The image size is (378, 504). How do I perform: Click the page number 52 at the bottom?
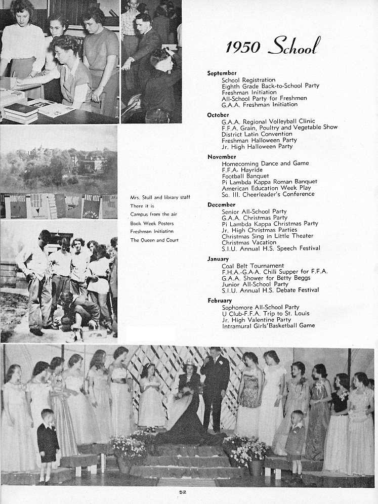point(183,492)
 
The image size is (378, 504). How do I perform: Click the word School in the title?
point(293,47)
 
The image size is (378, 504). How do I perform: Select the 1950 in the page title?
point(243,48)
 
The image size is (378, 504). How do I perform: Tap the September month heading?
point(222,73)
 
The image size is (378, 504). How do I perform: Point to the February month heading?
point(220,301)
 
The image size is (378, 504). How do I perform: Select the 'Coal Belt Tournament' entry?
point(253,266)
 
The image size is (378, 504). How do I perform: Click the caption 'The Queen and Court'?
point(154,240)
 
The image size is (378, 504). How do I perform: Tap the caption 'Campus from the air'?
point(153,215)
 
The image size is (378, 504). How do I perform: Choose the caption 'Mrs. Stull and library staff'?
point(160,197)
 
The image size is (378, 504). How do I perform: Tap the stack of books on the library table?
point(21,113)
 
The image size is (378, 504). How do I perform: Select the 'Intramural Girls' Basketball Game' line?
point(268,326)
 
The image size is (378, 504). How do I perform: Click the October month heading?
point(218,115)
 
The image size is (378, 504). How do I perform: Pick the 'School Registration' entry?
point(248,80)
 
